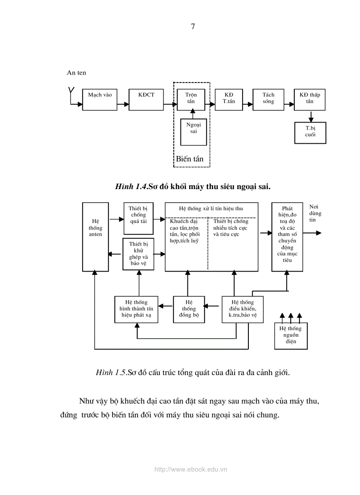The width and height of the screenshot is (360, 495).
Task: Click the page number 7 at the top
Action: pos(193,26)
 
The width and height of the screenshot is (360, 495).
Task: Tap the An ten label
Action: pos(77,73)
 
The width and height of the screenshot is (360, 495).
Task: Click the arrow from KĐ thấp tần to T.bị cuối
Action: pos(311,116)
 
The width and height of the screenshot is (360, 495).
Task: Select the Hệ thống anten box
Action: pos(95,237)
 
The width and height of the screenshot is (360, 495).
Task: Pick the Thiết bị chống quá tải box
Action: pos(138,218)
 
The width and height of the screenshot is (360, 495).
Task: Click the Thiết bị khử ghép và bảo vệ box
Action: pos(138,254)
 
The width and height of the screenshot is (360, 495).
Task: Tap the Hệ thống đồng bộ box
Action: pos(189,309)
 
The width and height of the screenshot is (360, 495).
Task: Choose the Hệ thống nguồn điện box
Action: pos(291,335)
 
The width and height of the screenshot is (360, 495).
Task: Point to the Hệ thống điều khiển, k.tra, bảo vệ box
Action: pos(242,309)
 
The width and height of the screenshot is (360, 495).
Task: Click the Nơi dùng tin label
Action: pos(315,213)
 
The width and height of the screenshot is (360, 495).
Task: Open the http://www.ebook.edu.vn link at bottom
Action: pos(191,470)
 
